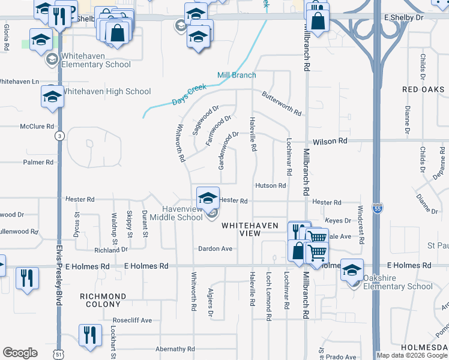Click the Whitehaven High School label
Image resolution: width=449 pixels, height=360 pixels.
[x=106, y=91]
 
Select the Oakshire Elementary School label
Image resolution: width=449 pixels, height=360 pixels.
[x=397, y=286]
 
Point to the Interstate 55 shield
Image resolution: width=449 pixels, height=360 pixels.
[x=376, y=208]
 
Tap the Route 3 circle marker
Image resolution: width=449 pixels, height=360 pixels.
[x=59, y=136]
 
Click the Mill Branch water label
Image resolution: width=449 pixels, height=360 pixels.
[x=237, y=75]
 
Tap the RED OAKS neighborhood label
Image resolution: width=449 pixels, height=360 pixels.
[x=424, y=89]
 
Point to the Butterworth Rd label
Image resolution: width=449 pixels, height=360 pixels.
[x=281, y=103]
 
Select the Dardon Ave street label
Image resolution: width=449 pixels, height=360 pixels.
[x=215, y=248]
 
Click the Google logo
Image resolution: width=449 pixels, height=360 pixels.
[x=20, y=353]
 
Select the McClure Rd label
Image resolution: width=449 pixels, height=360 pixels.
[x=37, y=127]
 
